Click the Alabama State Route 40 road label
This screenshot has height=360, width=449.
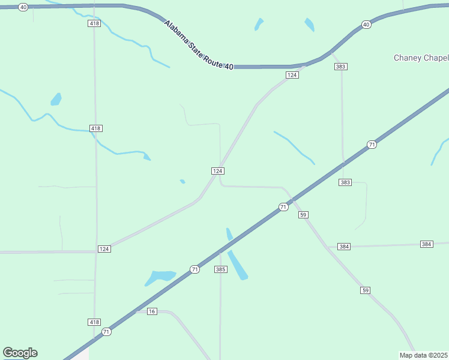point(199,46)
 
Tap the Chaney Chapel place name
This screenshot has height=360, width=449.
point(421,58)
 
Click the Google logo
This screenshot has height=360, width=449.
point(20,353)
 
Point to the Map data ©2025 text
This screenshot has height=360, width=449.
point(424,355)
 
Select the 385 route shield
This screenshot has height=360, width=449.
point(220,269)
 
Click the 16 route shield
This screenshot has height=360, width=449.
point(151,311)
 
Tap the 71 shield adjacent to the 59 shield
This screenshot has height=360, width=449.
point(283,207)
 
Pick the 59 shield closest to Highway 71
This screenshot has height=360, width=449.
point(303,214)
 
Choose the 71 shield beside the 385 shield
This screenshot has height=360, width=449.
point(194,269)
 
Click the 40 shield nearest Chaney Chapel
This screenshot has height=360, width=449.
point(366,25)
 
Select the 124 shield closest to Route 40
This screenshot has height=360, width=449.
point(292,75)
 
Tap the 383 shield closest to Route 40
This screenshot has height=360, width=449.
point(340,67)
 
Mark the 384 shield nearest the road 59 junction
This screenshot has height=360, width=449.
point(344,247)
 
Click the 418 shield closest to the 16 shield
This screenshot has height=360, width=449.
point(94,322)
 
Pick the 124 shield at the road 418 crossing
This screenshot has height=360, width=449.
point(104,248)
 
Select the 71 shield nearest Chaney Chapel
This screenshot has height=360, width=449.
point(372,145)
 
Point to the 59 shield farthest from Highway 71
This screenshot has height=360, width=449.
point(366,290)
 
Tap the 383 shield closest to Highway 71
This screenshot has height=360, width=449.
point(345,182)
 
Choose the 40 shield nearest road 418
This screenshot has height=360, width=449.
point(23,7)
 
